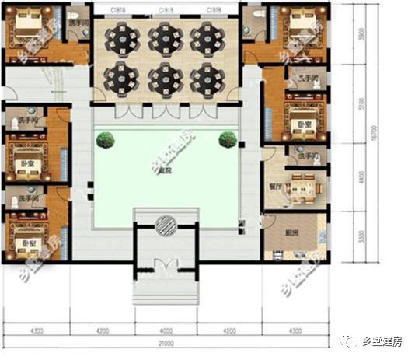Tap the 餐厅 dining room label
click(274, 187)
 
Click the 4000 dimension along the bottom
click(166, 330)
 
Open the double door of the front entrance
click(166, 264)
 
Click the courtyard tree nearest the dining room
click(227, 139)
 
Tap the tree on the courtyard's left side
click(105, 140)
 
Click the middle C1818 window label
click(166, 10)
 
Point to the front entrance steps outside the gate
click(166, 292)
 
